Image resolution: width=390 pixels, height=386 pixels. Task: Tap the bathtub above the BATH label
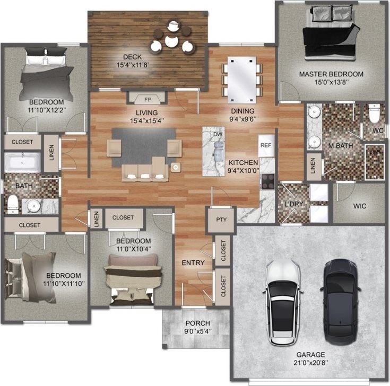[x=22, y=162]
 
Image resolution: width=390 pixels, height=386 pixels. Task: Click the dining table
[x=241, y=80]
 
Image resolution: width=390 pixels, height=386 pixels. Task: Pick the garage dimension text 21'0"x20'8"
[x=310, y=363]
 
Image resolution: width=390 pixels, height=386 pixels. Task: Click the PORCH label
[x=197, y=323]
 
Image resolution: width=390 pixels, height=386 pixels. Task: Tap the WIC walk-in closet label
[x=359, y=205]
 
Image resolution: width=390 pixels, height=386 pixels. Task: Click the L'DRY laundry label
[x=292, y=205]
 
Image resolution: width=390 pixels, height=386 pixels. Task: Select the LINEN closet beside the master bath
[x=313, y=166]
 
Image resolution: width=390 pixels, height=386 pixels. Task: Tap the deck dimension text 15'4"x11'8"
[x=132, y=66]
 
